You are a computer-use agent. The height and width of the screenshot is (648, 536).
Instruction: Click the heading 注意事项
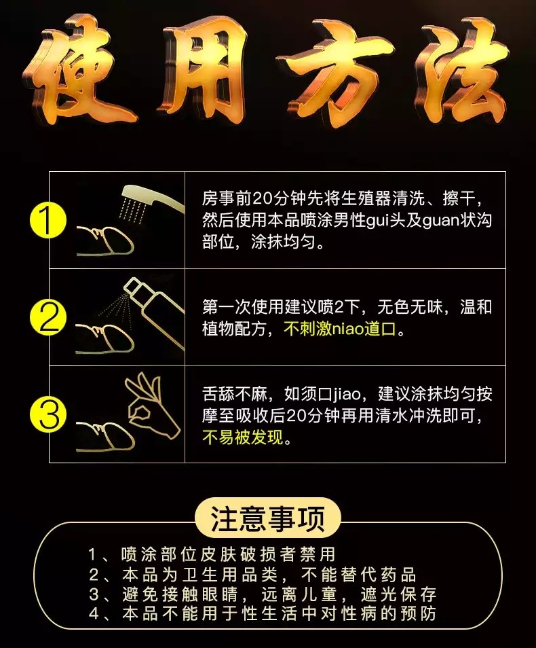click(x=267, y=520)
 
